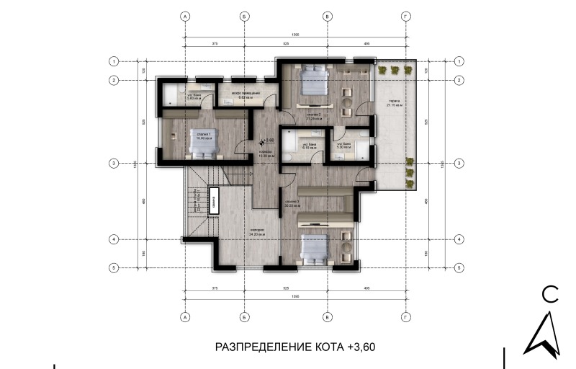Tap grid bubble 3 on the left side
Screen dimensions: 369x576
pyautogui.click(x=113, y=164)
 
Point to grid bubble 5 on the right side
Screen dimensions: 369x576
pyautogui.click(x=460, y=267)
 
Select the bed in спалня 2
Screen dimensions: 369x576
pyautogui.click(x=312, y=81)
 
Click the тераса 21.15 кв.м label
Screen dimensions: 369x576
pyautogui.click(x=395, y=103)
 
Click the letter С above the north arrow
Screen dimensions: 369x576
pyautogui.click(x=550, y=293)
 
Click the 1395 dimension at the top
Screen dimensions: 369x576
pyautogui.click(x=295, y=35)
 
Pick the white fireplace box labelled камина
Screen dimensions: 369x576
pyautogui.click(x=214, y=201)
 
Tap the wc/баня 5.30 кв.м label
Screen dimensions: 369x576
pyautogui.click(x=343, y=145)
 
